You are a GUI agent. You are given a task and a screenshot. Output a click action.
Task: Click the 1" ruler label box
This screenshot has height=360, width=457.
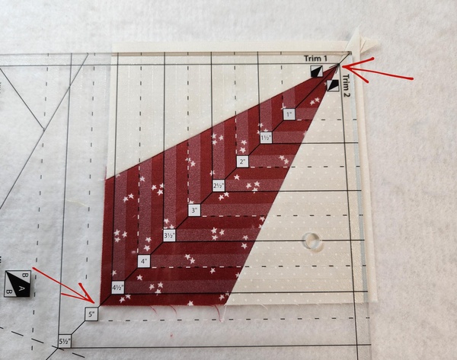[x=289, y=114]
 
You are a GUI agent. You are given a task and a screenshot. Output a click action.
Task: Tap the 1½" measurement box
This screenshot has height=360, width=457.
[x=266, y=138]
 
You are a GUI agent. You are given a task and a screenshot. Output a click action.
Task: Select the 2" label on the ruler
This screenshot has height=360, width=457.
[x=242, y=161]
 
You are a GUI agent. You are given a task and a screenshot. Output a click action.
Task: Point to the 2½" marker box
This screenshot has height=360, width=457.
[x=219, y=186]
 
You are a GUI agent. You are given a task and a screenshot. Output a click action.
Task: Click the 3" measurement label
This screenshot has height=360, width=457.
[x=194, y=210]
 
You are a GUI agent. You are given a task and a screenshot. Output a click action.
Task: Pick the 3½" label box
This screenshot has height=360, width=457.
[x=170, y=235]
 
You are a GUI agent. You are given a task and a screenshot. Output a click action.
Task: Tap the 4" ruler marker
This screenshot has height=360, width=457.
[x=144, y=261]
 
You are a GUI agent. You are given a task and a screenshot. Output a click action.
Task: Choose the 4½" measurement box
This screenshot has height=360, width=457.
[x=118, y=288]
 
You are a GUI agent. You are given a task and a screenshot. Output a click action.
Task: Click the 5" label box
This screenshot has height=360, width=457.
[x=92, y=314]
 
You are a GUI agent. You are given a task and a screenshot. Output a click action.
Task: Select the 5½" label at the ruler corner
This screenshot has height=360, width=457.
[x=65, y=341]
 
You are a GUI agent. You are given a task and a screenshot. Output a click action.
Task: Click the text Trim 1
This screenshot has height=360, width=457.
[x=315, y=59]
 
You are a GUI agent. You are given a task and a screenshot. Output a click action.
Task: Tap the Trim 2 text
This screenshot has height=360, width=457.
[x=346, y=86]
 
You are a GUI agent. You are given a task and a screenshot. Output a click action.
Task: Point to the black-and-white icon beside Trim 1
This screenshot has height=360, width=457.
[x=317, y=71]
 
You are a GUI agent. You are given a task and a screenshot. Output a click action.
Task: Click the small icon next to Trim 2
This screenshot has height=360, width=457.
[x=333, y=86]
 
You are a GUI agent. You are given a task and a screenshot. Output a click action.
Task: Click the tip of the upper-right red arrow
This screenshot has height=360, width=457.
[x=342, y=67]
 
